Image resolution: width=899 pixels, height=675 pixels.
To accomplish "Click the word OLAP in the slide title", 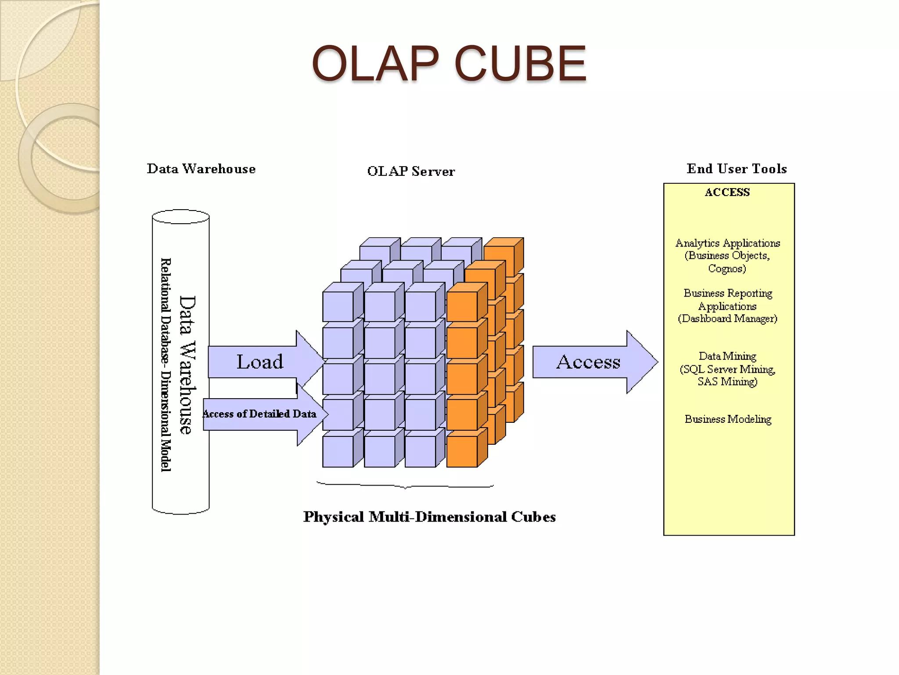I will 375,64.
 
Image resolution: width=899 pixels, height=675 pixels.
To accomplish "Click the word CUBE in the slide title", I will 520,64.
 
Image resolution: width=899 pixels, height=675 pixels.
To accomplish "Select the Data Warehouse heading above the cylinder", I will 201,169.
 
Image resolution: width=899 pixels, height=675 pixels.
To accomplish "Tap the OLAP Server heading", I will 411,171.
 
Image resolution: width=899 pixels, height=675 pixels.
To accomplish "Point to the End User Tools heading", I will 737,169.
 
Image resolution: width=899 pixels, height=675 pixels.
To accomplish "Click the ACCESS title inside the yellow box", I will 727,192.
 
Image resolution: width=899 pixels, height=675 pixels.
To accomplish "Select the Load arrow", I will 260,362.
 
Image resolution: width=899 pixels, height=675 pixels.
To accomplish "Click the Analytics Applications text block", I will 727,243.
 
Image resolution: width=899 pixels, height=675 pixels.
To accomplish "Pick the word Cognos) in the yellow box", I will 727,269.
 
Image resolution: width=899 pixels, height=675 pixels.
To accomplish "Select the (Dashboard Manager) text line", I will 727,319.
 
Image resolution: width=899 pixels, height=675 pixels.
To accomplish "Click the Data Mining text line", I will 727,356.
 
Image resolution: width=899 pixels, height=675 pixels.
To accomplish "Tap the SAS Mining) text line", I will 727,381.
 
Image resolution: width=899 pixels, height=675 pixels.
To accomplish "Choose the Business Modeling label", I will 727,419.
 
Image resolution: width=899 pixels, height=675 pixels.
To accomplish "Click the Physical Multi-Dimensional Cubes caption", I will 429,517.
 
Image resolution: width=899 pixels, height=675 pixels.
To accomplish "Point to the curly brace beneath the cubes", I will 405,486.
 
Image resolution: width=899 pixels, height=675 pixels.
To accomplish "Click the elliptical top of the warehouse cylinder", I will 180,217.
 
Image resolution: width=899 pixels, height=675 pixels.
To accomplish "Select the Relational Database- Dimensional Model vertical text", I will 165,365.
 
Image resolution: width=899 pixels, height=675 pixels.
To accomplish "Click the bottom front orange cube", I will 462,451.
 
